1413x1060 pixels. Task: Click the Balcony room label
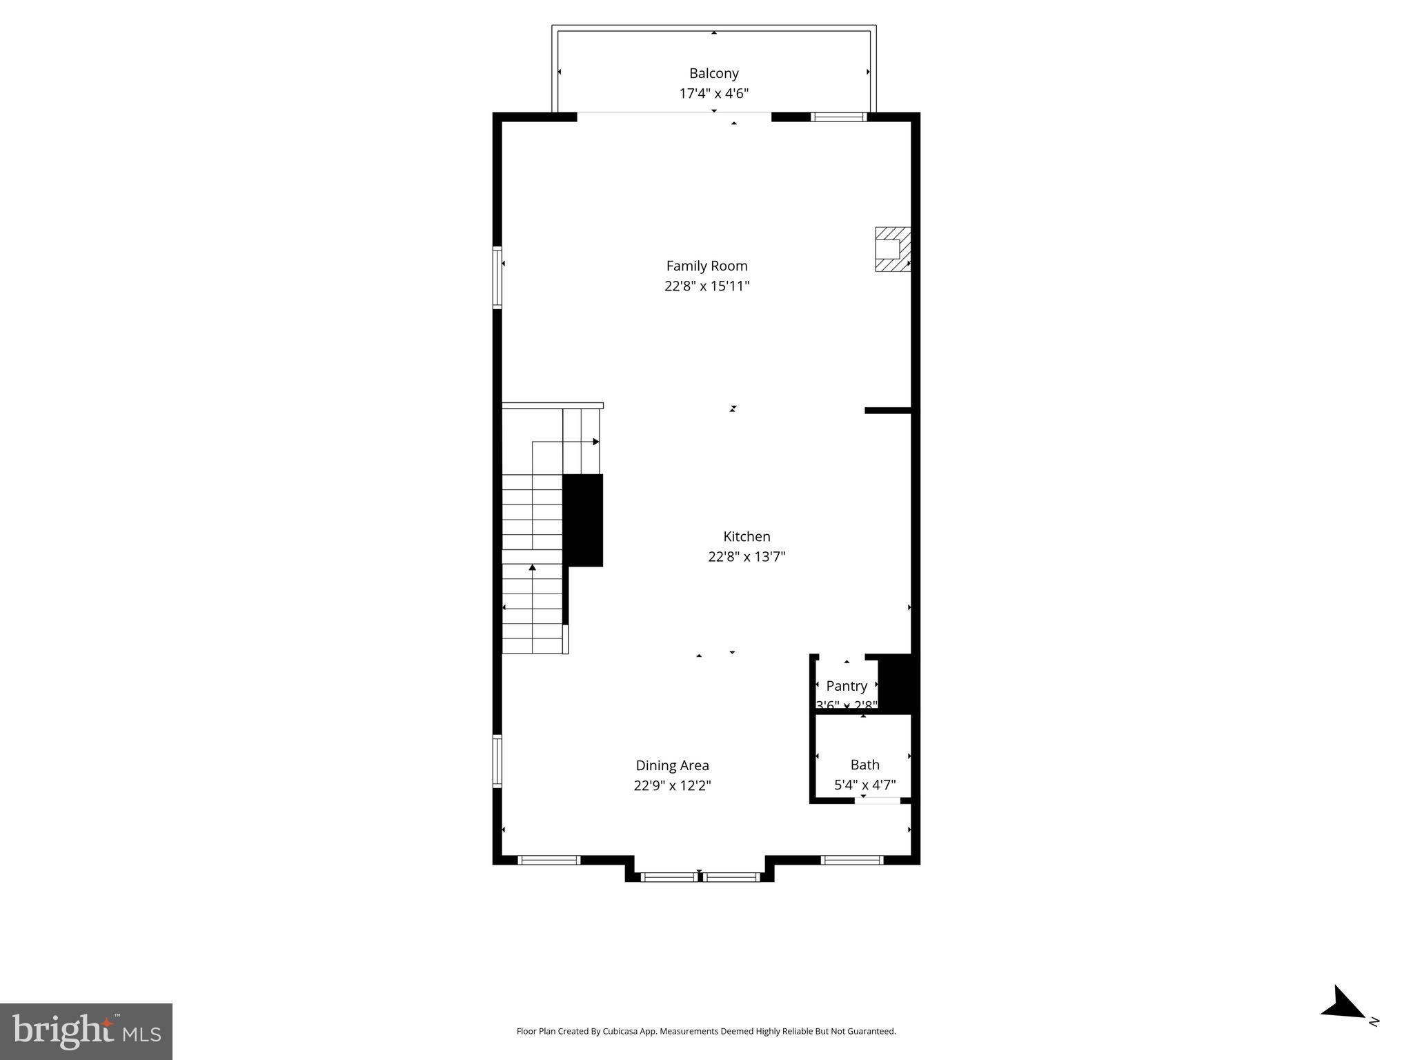pyautogui.click(x=713, y=73)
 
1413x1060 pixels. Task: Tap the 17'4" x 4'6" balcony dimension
pyautogui.click(x=713, y=94)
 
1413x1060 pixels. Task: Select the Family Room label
pyautogui.click(x=706, y=266)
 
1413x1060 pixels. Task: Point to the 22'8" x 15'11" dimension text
pyautogui.click(x=706, y=286)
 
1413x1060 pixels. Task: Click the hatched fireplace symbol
pyautogui.click(x=893, y=249)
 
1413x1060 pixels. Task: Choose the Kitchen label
pyautogui.click(x=747, y=536)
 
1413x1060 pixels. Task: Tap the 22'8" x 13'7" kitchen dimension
pyautogui.click(x=747, y=556)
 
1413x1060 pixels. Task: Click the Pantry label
pyautogui.click(x=847, y=686)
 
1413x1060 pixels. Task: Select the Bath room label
pyautogui.click(x=864, y=765)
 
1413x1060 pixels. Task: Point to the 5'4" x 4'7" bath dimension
pyautogui.click(x=864, y=785)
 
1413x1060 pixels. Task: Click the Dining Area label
pyautogui.click(x=672, y=765)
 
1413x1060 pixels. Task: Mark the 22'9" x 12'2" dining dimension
pyautogui.click(x=672, y=785)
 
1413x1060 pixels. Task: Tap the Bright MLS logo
pyautogui.click(x=86, y=1031)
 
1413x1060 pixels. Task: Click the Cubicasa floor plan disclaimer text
pyautogui.click(x=706, y=1031)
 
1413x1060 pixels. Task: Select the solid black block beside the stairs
pyautogui.click(x=583, y=520)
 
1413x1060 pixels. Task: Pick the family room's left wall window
pyautogui.click(x=497, y=277)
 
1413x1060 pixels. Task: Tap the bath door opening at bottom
pyautogui.click(x=878, y=801)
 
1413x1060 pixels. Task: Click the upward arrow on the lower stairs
pyautogui.click(x=532, y=568)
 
